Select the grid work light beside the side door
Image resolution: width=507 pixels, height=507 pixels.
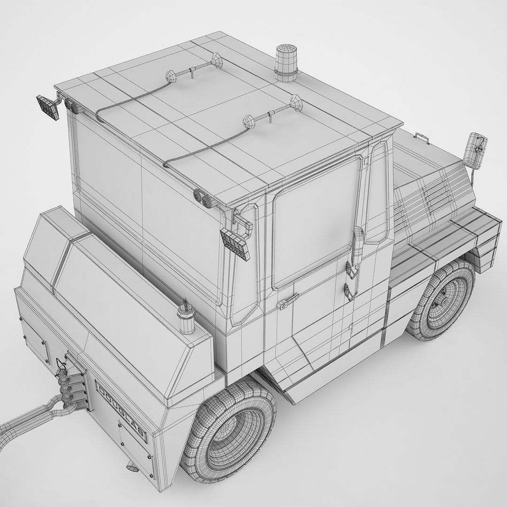(x=235, y=243)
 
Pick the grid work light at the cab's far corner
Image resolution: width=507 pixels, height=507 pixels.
(x=48, y=108)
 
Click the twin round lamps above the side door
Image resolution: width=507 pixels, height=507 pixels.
(x=204, y=198)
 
